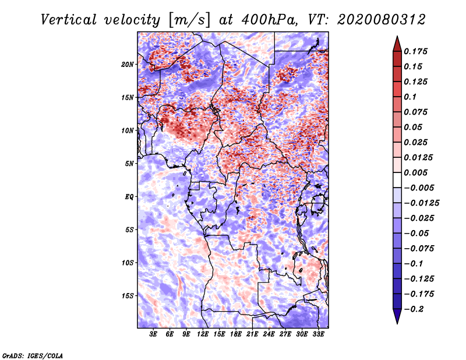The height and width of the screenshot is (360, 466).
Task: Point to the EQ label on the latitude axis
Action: click(129, 196)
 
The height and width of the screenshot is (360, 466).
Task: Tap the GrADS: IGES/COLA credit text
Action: click(32, 355)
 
